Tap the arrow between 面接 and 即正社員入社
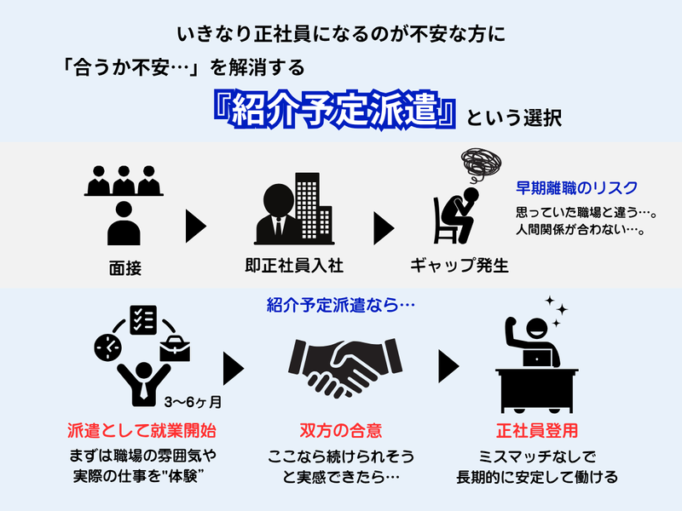click(x=197, y=226)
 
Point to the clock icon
click(x=108, y=345)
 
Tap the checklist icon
click(x=142, y=321)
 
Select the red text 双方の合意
click(x=335, y=430)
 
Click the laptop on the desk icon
click(x=537, y=359)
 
